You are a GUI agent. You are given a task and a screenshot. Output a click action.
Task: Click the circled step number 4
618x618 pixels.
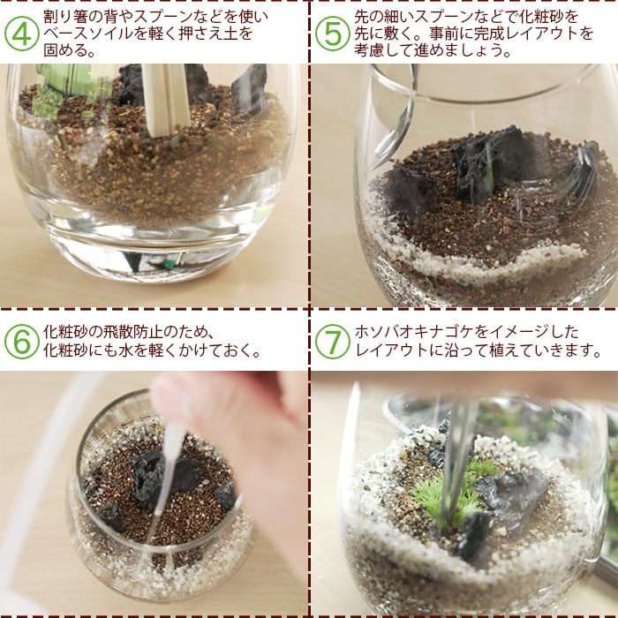click(22, 34)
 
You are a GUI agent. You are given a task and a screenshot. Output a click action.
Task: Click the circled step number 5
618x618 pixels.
click(332, 34)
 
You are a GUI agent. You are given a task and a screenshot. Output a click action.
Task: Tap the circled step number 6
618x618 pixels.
click(22, 342)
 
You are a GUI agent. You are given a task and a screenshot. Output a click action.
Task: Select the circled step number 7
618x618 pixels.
click(332, 342)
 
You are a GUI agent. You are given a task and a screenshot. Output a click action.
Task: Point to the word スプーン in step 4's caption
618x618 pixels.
click(165, 17)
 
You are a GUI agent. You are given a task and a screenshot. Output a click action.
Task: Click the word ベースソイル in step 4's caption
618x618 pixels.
click(88, 34)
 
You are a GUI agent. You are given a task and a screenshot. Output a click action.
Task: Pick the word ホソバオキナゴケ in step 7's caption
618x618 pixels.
click(414, 332)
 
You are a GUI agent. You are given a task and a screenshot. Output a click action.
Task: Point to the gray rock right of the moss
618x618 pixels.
click(512, 492)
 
